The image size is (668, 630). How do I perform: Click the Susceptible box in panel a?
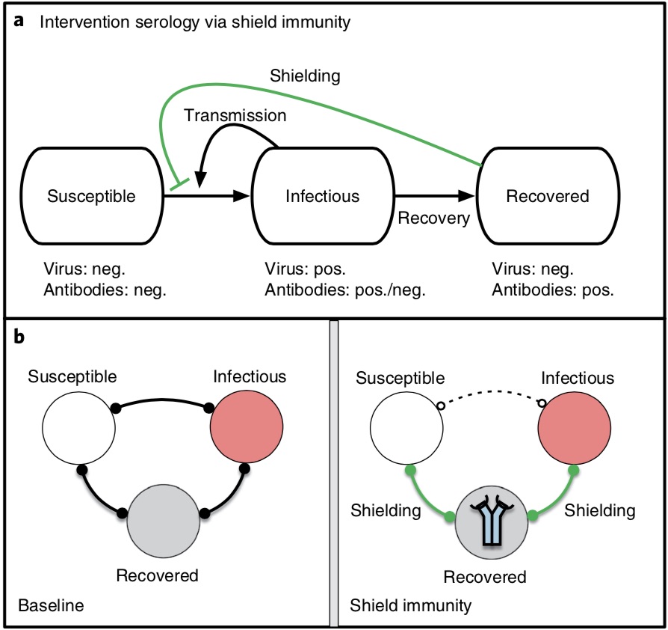[91, 197]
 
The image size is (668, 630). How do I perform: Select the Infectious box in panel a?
[322, 197]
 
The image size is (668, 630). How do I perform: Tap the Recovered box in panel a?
[548, 197]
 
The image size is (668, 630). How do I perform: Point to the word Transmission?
[235, 116]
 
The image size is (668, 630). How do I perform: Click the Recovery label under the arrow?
[433, 218]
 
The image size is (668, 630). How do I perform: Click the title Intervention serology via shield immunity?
[194, 22]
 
